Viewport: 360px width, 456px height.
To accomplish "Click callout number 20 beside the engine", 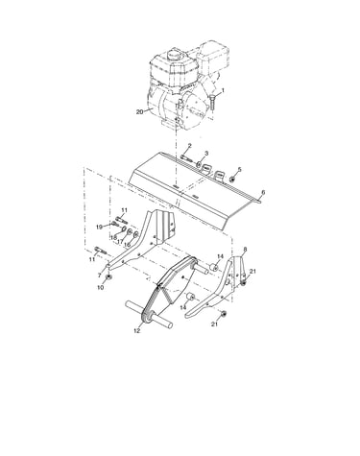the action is [139, 111].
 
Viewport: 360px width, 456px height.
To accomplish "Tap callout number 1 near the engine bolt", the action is [223, 90].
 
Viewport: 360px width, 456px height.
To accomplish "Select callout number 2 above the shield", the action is [189, 146].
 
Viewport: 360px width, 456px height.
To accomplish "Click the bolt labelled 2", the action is [186, 158].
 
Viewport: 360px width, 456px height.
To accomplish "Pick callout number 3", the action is [206, 154].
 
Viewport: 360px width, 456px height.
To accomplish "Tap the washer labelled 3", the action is [199, 164].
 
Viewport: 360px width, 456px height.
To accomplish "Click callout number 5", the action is [240, 169].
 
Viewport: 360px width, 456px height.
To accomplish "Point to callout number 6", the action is [263, 192].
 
